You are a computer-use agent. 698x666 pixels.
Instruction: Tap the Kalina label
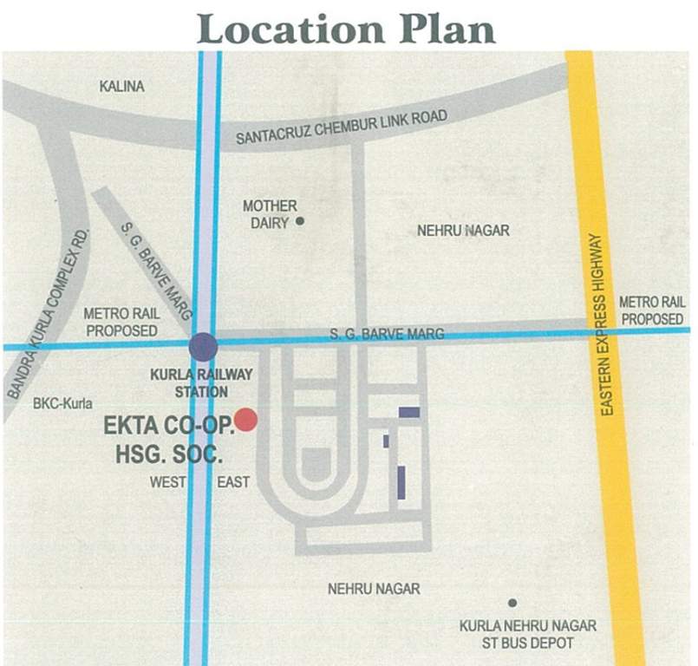coord(121,87)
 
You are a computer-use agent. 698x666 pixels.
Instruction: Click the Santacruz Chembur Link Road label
coord(342,127)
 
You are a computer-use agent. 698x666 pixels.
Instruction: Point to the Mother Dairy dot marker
coord(300,221)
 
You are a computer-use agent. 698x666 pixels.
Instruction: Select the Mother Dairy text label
coord(269,213)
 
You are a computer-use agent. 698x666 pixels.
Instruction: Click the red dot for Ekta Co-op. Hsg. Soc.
coord(246,420)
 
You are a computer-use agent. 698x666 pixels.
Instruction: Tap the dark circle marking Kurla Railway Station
coord(204,347)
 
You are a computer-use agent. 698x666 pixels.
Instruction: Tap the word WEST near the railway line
coord(167,482)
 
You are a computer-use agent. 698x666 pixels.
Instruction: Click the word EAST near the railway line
coord(234,482)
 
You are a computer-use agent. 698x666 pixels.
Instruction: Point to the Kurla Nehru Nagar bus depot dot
coord(512,603)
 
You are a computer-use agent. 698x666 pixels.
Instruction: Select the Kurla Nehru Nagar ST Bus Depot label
coord(527,634)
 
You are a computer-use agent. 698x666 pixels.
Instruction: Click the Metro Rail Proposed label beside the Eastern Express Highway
coord(651,310)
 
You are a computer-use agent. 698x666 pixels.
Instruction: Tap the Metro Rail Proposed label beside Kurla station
coord(121,322)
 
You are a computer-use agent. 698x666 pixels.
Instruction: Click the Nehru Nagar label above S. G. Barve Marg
coord(463,231)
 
